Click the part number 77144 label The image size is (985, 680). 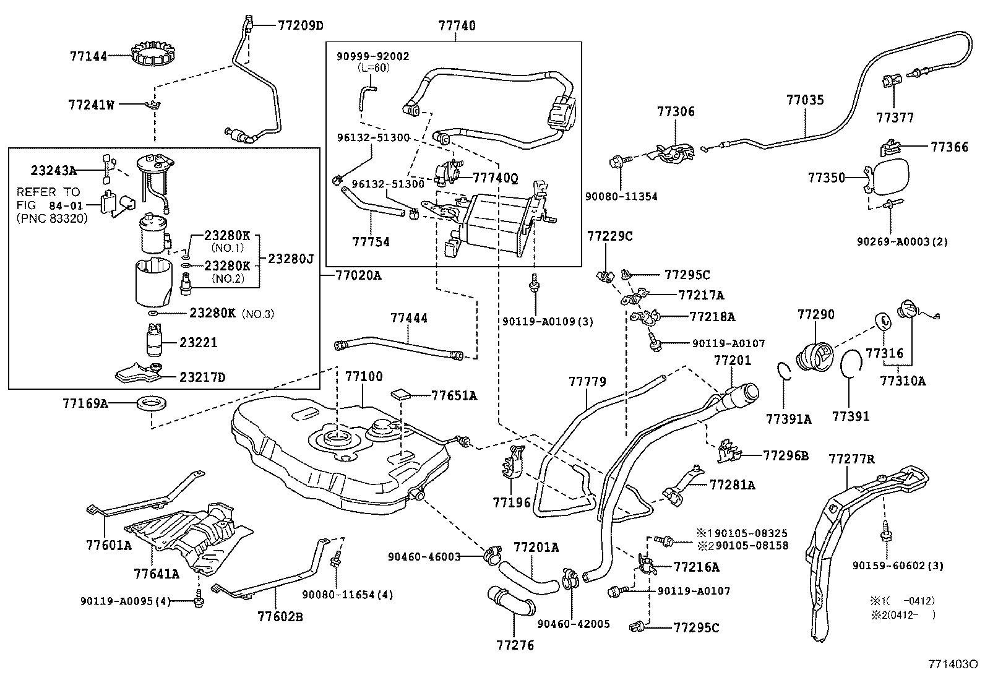pyautogui.click(x=88, y=56)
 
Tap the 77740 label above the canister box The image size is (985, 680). pyautogui.click(x=457, y=26)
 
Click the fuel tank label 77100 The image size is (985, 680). pyautogui.click(x=364, y=376)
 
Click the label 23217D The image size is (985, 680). pyautogui.click(x=203, y=376)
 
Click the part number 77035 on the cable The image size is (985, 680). pyautogui.click(x=805, y=100)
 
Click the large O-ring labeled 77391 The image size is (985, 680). pyautogui.click(x=851, y=363)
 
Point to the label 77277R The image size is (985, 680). pyautogui.click(x=851, y=458)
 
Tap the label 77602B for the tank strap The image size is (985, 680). pyautogui.click(x=280, y=616)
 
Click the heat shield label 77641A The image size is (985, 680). pyautogui.click(x=157, y=573)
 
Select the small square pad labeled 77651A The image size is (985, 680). pyautogui.click(x=401, y=394)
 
